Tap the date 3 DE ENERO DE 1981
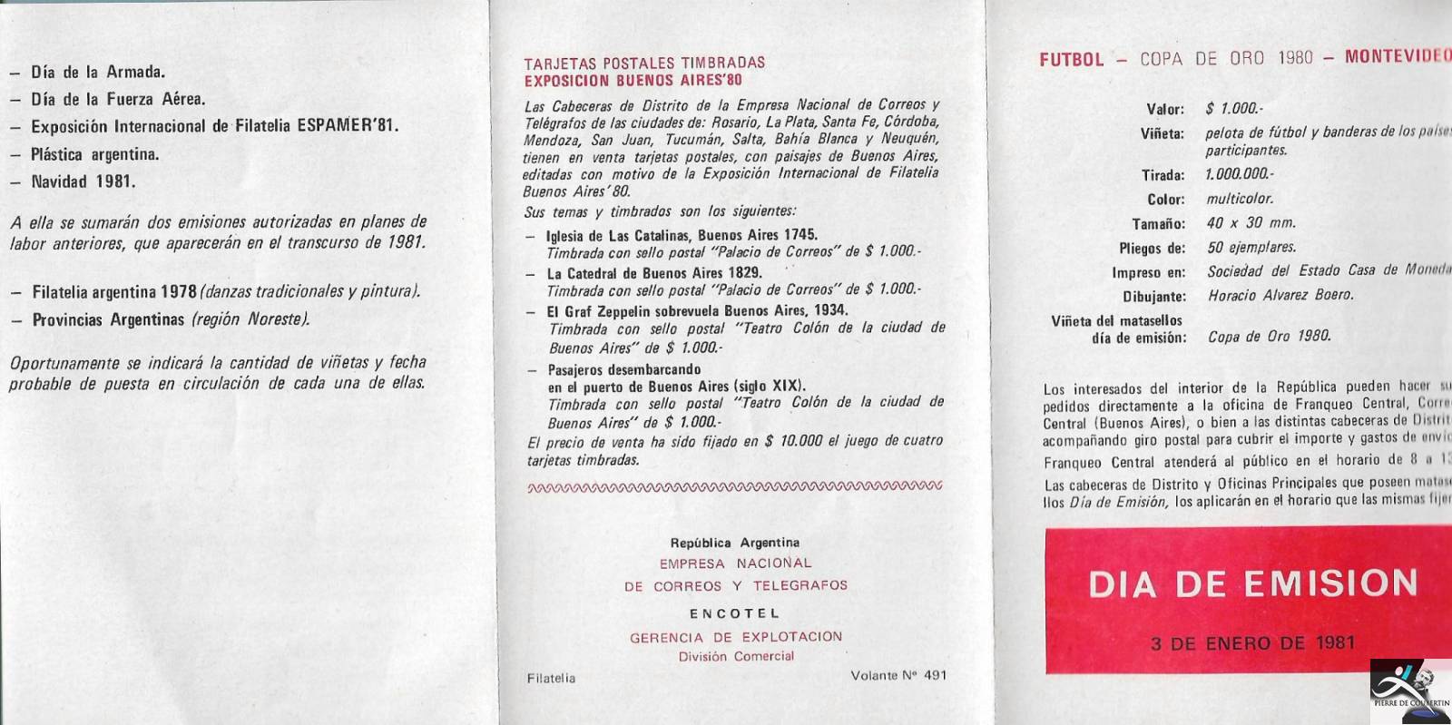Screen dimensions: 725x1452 (x=1252, y=643)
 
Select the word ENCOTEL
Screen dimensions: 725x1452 (x=734, y=613)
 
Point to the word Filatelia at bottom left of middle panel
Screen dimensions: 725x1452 (x=551, y=678)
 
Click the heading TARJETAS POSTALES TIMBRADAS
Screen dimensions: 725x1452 (x=644, y=63)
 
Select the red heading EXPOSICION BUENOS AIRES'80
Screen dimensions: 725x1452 (x=633, y=80)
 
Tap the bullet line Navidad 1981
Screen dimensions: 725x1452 (x=83, y=181)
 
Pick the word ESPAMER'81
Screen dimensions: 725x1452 (x=348, y=126)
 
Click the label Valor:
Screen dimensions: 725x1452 (x=1165, y=110)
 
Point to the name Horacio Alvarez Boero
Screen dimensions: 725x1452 (x=1280, y=295)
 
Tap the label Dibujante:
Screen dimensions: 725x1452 (x=1153, y=297)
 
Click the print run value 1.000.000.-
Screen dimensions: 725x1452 (x=1240, y=174)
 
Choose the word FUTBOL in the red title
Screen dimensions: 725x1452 (x=1072, y=60)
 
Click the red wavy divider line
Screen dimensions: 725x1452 (x=734, y=487)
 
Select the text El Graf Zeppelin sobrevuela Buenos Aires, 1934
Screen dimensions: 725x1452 (x=697, y=310)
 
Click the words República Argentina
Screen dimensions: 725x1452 (x=734, y=543)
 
